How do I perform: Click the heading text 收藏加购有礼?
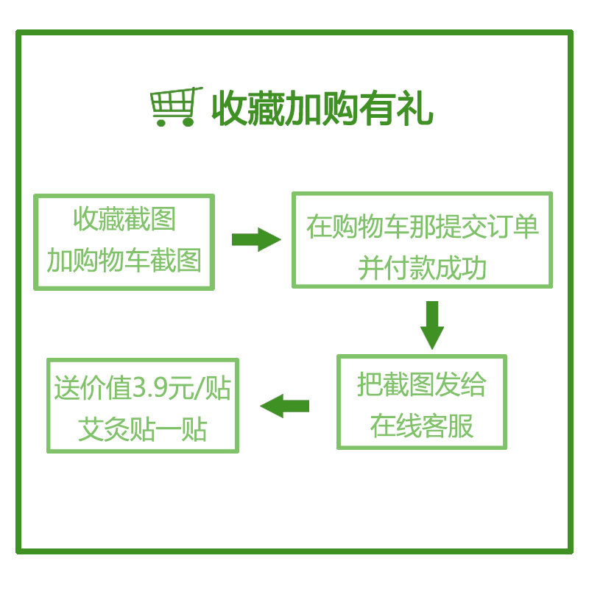coord(322,109)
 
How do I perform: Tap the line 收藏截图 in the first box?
coord(124,219)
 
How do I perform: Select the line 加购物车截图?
coord(124,260)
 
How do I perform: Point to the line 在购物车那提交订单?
coord(423,226)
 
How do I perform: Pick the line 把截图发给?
coord(422,384)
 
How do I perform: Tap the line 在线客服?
coord(422,426)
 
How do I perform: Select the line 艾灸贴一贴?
coord(143,428)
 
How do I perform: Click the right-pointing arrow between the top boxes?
coord(255,239)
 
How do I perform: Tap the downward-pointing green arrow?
coord(432,325)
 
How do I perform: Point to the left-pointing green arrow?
coord(285,405)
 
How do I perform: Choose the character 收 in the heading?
coord(230,109)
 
